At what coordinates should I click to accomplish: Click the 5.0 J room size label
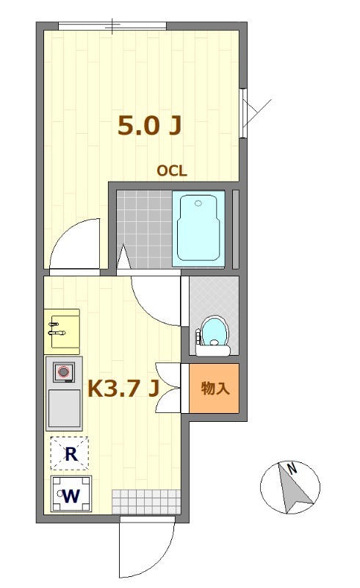point(150,126)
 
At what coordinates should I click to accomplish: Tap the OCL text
point(172,171)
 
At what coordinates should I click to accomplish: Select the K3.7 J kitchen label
point(123,389)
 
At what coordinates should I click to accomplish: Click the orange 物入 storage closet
point(214,388)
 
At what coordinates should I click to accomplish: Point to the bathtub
point(198,229)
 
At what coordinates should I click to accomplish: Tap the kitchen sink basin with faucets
point(62,331)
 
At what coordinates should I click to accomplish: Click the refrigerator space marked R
point(70,453)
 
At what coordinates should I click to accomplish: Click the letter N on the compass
point(292,468)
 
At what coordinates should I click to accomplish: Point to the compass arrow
point(295,487)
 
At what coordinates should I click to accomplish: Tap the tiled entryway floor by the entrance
point(147,502)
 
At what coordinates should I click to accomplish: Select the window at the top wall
point(112,26)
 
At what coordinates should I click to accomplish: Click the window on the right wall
point(243,113)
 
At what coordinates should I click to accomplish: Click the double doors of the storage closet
point(168,388)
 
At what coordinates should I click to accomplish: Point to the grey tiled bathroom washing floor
point(145,229)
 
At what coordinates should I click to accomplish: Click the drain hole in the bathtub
point(198,204)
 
